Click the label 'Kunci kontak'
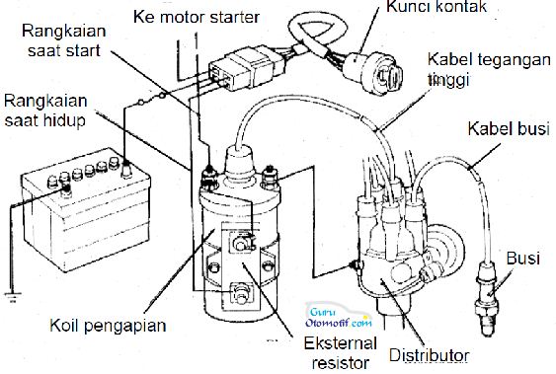437,6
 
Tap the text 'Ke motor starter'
197,17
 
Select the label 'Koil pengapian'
108,326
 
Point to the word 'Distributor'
429,355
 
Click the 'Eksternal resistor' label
341,353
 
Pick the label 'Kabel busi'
509,128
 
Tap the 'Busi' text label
523,259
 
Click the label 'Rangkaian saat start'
64,40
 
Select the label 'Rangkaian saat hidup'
45,111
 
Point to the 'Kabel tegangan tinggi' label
489,69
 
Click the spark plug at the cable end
486,299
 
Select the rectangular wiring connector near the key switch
246,68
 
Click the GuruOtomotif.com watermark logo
339,316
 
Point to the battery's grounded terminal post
65,189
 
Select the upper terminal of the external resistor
242,242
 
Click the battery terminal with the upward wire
126,169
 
